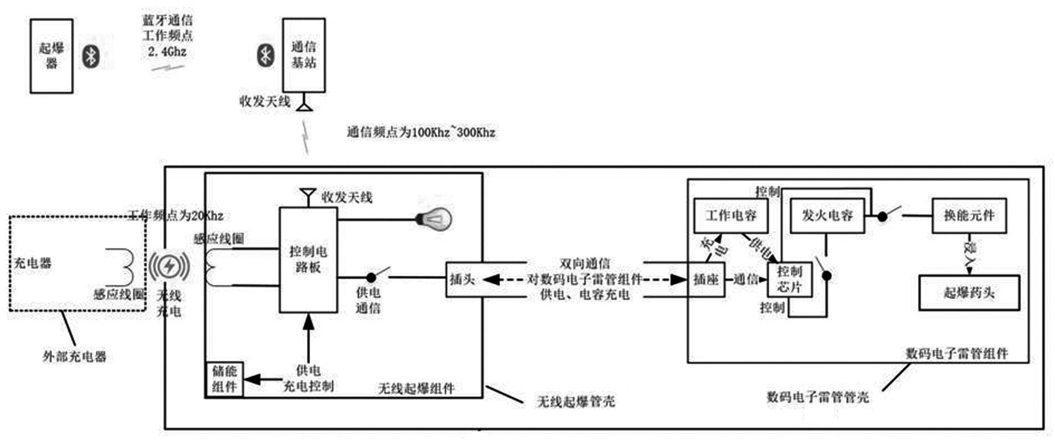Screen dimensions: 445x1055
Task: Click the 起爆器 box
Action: pyautogui.click(x=51, y=56)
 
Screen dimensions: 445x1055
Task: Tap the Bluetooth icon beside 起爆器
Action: pyautogui.click(x=91, y=56)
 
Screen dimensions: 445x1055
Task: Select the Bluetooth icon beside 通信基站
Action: pyautogui.click(x=265, y=55)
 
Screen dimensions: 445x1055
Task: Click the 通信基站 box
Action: pyautogui.click(x=304, y=55)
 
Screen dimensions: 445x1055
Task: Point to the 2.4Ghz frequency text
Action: pyautogui.click(x=167, y=52)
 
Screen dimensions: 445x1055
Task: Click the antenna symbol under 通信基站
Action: pyautogui.click(x=305, y=105)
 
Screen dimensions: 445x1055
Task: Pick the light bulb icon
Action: pyautogui.click(x=434, y=219)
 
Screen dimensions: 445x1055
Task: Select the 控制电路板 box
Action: pyautogui.click(x=308, y=259)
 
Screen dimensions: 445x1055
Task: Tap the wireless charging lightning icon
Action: pyautogui.click(x=169, y=266)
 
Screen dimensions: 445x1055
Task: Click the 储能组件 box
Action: pyautogui.click(x=224, y=379)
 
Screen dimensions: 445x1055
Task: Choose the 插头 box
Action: pyautogui.click(x=463, y=279)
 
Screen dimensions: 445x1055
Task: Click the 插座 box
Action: pyautogui.click(x=706, y=280)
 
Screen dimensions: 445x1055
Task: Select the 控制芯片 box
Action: pyautogui.click(x=789, y=279)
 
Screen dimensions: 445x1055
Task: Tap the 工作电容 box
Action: pyautogui.click(x=730, y=215)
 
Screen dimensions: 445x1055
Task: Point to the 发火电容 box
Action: pyautogui.click(x=827, y=215)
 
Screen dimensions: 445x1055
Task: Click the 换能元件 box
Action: pyautogui.click(x=969, y=215)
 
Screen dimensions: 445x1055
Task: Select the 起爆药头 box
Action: pyautogui.click(x=969, y=293)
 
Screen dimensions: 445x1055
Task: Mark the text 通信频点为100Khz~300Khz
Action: pyautogui.click(x=421, y=133)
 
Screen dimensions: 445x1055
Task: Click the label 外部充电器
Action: pyautogui.click(x=75, y=357)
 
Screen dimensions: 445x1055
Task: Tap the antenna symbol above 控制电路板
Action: pyautogui.click(x=308, y=196)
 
